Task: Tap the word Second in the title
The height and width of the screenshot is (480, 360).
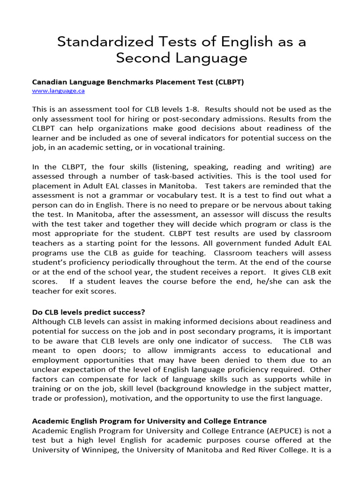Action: point(142,58)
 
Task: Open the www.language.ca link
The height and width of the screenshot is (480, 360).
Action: point(58,91)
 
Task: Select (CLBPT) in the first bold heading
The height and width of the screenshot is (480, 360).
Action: point(230,82)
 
